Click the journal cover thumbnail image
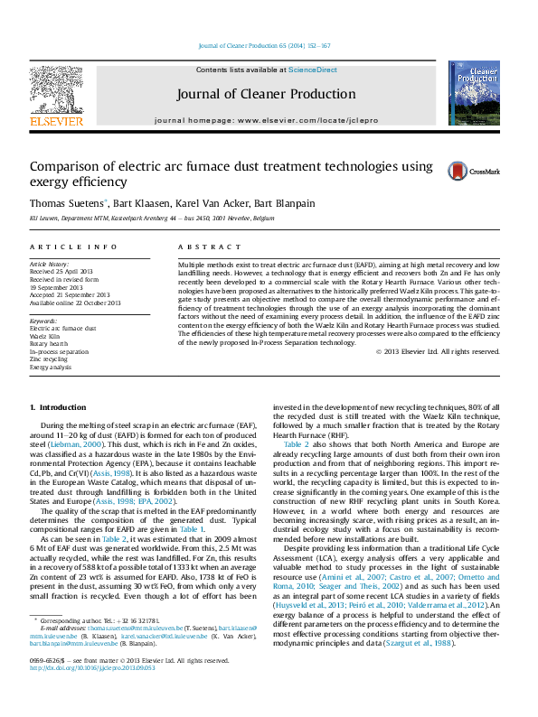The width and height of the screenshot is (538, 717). (474, 94)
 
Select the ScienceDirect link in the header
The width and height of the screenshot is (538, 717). (313, 70)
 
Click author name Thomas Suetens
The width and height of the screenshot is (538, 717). (67, 203)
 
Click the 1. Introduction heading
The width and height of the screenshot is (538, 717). (58, 408)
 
